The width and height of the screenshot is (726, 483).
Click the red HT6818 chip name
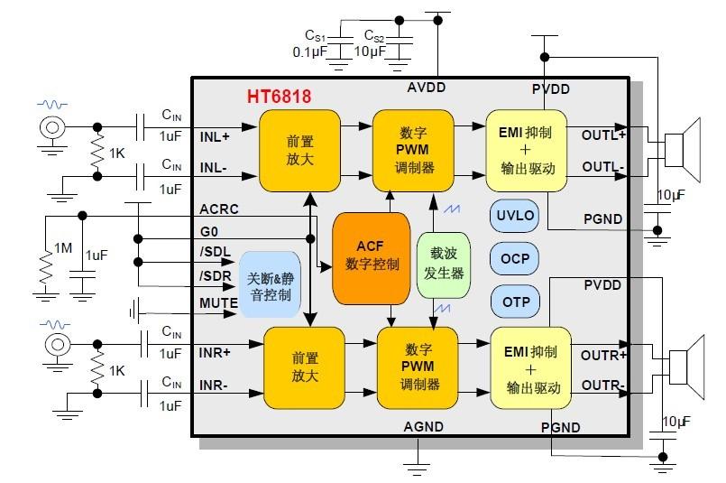279,96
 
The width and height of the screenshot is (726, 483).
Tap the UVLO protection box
515,217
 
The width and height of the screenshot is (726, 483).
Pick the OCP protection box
515,259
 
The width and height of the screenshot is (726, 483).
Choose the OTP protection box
515,302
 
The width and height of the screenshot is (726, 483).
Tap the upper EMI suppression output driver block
526,151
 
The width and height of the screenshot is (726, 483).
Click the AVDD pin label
425,88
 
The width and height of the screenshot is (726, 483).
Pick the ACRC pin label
219,210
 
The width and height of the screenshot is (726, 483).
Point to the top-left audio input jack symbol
51,127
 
